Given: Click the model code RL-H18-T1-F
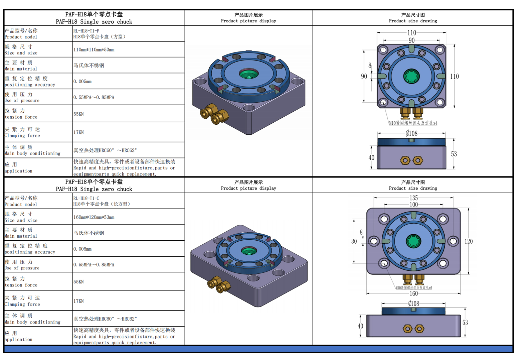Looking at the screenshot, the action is click(86, 31).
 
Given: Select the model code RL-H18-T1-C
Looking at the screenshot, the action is click(86, 198).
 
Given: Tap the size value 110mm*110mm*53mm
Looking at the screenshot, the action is click(94, 50).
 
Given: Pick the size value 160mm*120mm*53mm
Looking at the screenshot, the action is click(94, 217).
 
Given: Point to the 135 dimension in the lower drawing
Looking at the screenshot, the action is click(414, 198).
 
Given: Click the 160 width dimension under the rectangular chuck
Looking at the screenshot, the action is click(414, 294).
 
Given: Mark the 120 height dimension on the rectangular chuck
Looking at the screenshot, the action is click(469, 241).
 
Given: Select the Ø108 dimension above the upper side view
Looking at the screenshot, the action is click(411, 133).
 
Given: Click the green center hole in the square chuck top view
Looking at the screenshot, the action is click(411, 76).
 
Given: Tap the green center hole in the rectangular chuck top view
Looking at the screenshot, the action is click(414, 241).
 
